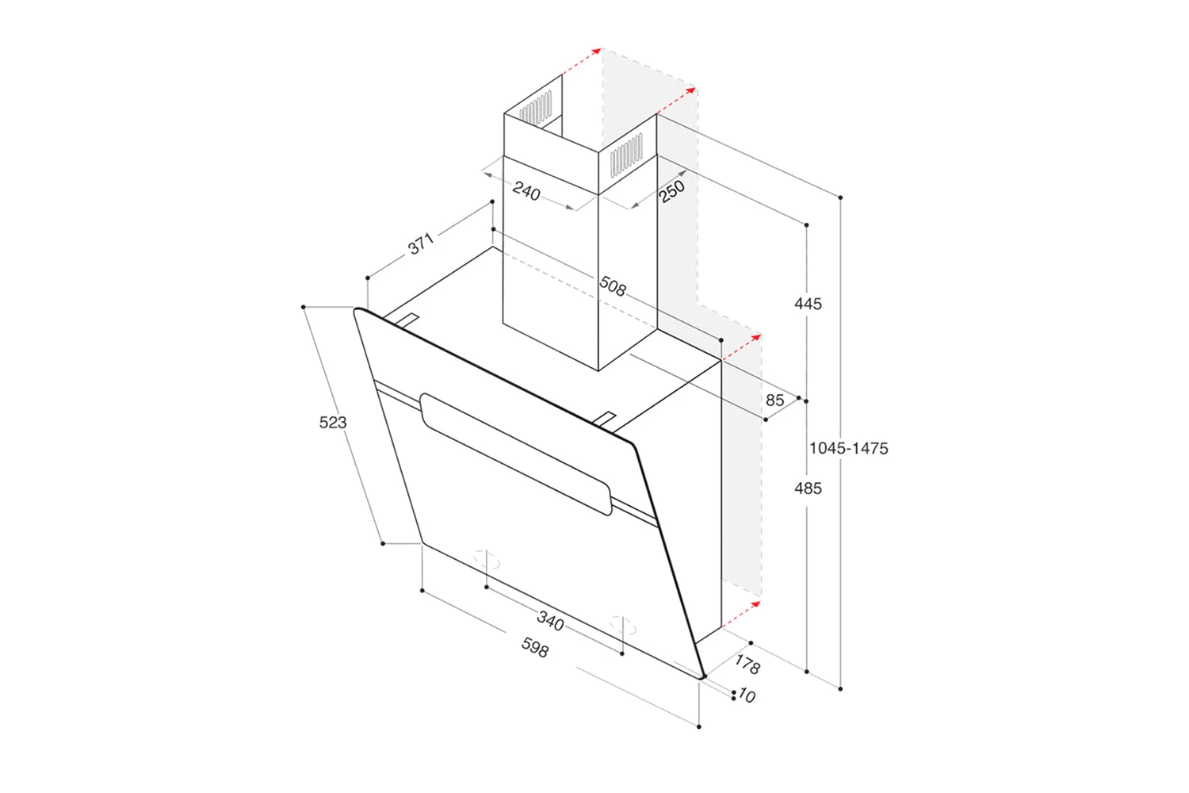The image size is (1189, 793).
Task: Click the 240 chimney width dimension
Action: pyautogui.click(x=526, y=191)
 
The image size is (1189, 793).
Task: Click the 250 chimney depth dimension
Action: pyautogui.click(x=671, y=191)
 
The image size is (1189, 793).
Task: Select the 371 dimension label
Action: pyautogui.click(x=421, y=243)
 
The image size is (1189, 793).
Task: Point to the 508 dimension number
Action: pyautogui.click(x=613, y=285)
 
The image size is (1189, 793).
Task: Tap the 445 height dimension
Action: pyautogui.click(x=808, y=304)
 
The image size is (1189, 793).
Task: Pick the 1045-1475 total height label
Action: pyautogui.click(x=848, y=448)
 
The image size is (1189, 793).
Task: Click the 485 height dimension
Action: pyautogui.click(x=808, y=488)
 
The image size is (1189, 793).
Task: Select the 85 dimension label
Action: pyautogui.click(x=774, y=400)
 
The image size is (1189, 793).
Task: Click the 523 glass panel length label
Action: pyautogui.click(x=333, y=423)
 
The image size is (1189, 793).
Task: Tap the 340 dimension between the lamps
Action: pyautogui.click(x=550, y=621)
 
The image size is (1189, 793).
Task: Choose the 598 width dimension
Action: pyautogui.click(x=535, y=648)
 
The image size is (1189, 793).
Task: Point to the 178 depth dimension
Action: pyautogui.click(x=747, y=664)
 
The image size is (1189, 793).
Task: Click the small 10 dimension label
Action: pyautogui.click(x=747, y=696)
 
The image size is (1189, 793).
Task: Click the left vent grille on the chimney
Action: pyautogui.click(x=536, y=108)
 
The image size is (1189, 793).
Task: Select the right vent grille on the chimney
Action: pyautogui.click(x=626, y=154)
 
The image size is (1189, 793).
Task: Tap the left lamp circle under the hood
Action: pyautogui.click(x=487, y=560)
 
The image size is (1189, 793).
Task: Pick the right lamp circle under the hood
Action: pyautogui.click(x=622, y=626)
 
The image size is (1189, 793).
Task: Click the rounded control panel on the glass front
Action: pyautogui.click(x=515, y=454)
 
